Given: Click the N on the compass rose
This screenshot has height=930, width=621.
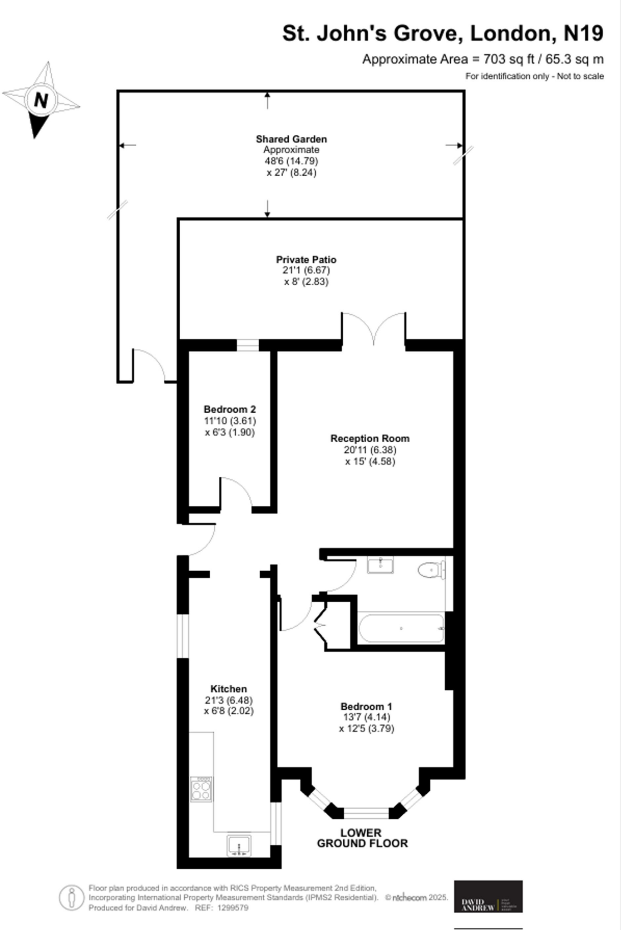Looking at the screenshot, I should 41,100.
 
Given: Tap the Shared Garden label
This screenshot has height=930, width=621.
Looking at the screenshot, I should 291,139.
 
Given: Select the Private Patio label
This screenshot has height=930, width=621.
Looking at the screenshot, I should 306,260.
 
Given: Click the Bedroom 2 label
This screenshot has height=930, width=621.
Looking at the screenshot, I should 230,409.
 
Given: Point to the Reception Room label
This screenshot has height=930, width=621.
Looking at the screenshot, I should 370,439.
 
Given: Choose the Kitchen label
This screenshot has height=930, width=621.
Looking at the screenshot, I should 228,689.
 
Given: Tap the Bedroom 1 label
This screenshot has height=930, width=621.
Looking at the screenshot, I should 366,707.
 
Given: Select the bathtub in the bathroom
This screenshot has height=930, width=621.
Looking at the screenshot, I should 401,628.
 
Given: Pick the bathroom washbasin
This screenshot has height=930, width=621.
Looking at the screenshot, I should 380,565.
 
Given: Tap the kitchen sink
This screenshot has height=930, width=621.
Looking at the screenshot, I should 239,845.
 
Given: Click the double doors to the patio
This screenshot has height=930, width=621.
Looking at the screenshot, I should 374,329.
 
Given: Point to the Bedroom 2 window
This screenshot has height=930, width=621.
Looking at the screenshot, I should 247,346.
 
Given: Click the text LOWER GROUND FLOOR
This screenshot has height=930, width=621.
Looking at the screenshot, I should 362,838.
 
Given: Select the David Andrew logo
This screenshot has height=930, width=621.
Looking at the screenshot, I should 488,896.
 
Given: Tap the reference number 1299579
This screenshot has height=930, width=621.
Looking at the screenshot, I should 233,908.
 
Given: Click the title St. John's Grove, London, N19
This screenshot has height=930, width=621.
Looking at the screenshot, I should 443,34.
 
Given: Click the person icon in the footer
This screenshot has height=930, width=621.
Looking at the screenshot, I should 71,898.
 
